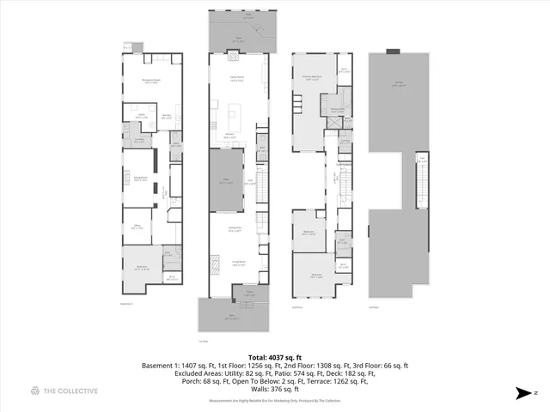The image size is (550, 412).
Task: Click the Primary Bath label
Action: (x=337, y=109)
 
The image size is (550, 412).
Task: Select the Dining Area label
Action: (x=235, y=228)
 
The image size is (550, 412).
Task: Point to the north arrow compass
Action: (x=524, y=393)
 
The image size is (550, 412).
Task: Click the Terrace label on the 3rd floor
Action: (x=397, y=84)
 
